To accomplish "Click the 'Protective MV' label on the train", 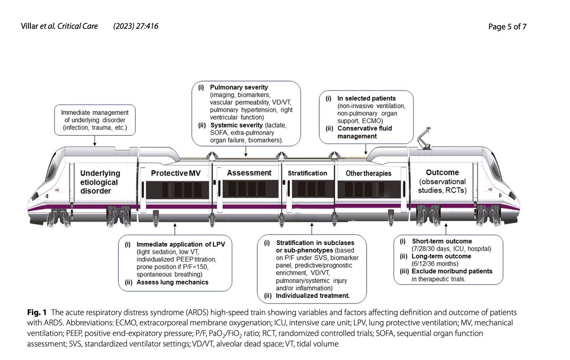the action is [176, 173].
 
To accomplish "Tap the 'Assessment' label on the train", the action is [249, 173].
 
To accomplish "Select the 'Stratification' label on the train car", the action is [307, 173].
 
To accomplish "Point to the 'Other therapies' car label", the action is [369, 173].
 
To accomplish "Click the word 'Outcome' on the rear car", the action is [442, 172].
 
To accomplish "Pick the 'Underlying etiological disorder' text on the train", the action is [100, 182].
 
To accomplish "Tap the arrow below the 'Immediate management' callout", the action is [95, 141].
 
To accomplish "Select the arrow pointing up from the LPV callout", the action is [175, 229].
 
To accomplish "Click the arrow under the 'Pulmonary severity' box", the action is [246, 152].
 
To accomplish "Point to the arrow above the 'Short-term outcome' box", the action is [446, 229].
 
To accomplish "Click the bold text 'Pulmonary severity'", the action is [239, 87].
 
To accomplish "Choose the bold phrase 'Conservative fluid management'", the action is [365, 133].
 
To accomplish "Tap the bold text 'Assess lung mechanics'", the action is [172, 283].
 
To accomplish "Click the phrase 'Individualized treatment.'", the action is [313, 295].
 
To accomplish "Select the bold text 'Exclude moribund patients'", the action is [452, 271].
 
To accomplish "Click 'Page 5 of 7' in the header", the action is [507, 27].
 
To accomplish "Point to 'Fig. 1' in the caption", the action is [37, 312].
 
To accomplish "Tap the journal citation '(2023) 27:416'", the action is [136, 26].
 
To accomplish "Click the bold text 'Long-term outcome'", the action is [441, 256].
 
